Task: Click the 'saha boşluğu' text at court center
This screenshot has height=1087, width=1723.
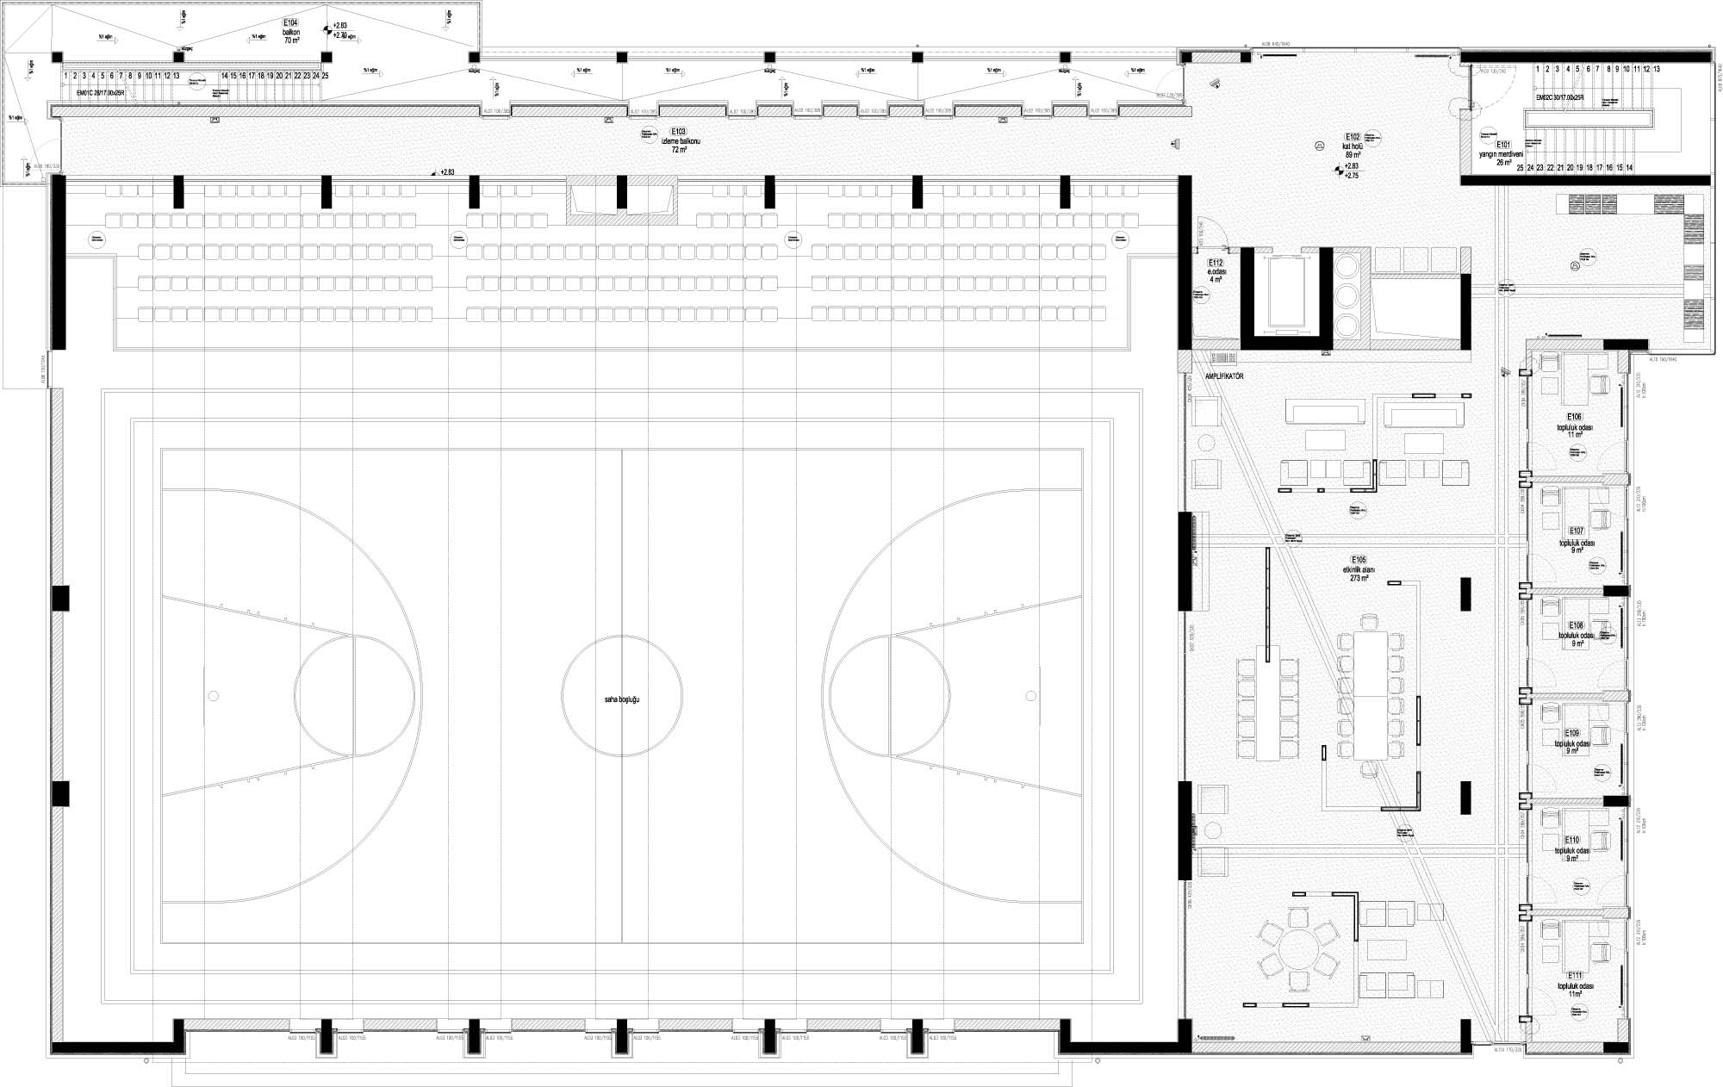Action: tap(622, 699)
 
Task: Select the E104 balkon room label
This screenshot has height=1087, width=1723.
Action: tap(290, 30)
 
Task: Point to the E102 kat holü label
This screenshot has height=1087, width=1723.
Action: tap(1352, 146)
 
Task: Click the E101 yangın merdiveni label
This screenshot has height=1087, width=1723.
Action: tap(1503, 153)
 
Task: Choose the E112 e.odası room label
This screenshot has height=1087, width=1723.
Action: tap(1216, 270)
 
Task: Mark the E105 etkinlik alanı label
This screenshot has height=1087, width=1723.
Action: tap(1359, 568)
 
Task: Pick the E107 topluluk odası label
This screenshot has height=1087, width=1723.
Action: tap(1576, 540)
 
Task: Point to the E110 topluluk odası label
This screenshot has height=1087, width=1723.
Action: tap(1572, 848)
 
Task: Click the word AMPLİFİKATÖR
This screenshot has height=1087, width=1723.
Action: tap(1223, 376)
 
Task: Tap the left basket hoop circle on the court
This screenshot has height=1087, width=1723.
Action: tap(211, 695)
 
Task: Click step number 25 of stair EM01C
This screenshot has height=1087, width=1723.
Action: tap(325, 76)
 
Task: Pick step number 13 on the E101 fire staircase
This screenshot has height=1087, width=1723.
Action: tap(1656, 68)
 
